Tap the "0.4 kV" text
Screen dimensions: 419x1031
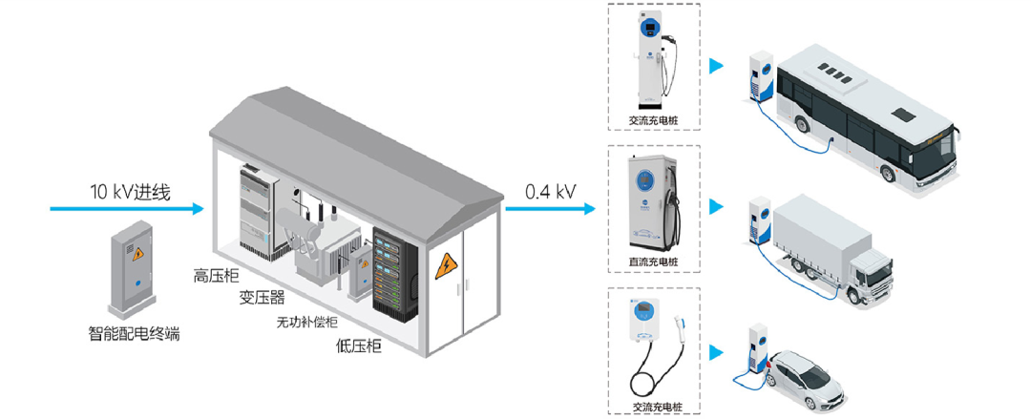pos(550,191)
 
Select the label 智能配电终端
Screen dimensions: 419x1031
pos(134,334)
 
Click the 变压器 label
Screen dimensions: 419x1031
pos(263,298)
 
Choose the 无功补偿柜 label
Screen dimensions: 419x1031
pos(311,322)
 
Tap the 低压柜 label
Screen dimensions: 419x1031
pos(360,346)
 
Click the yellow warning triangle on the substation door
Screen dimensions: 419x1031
pos(446,266)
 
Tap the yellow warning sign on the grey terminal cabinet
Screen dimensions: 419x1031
pos(137,254)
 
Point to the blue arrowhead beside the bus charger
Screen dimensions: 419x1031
pos(714,67)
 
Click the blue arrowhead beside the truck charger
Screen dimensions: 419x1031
pos(714,207)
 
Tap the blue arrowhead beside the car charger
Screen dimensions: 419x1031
pos(714,352)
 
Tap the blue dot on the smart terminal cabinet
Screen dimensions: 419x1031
pos(137,283)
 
